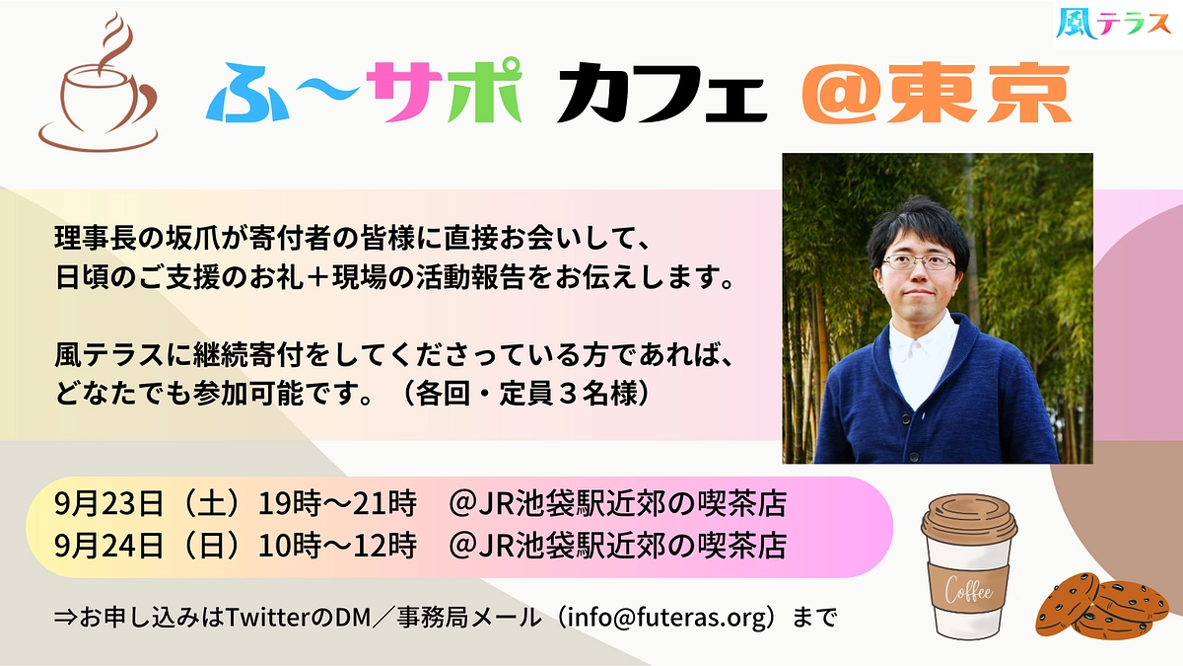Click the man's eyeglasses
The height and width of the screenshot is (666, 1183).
pyautogui.click(x=919, y=262)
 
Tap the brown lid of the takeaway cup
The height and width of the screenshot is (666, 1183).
pyautogui.click(x=968, y=521)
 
